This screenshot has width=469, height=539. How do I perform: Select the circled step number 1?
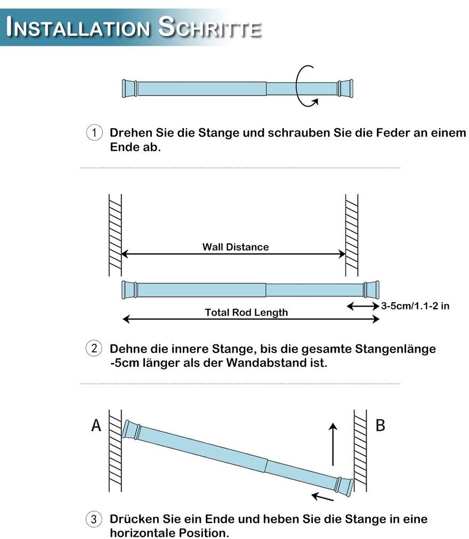94,133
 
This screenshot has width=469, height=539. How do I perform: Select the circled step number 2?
94,349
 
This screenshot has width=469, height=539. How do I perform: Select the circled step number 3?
94,519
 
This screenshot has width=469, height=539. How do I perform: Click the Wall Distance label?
235,247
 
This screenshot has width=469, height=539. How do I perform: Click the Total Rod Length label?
246,312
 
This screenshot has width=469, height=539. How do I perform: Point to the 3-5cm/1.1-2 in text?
416,306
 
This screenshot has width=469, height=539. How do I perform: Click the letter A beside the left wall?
96,425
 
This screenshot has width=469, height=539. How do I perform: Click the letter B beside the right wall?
380,425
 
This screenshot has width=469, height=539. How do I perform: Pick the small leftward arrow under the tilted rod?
322,497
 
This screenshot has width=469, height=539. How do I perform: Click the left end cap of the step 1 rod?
128,88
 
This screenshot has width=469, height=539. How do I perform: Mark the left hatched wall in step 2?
115,235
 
